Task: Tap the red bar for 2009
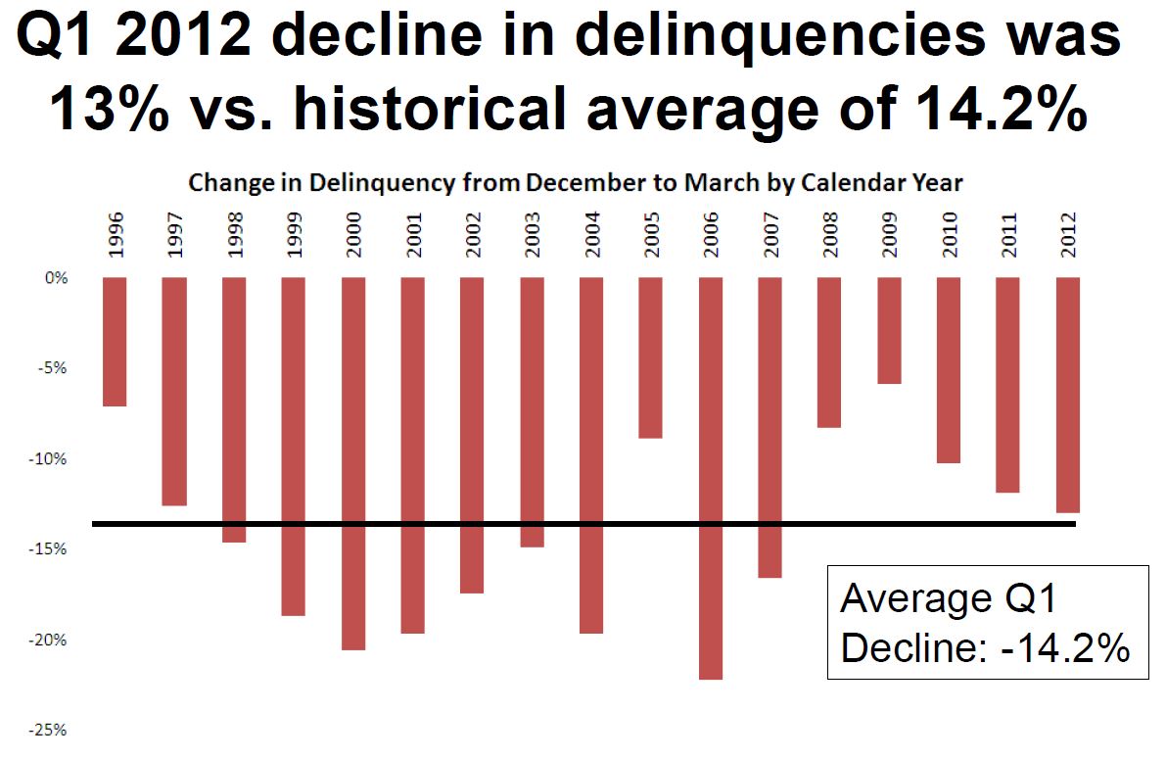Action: click(889, 330)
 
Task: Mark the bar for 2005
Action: click(651, 357)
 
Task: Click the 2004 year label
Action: click(591, 235)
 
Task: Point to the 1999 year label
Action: click(294, 235)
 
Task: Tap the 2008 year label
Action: click(830, 235)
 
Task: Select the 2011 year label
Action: click(1009, 235)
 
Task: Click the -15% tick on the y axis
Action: click(53, 549)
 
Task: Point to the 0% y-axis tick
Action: click(58, 278)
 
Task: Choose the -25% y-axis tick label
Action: click(53, 731)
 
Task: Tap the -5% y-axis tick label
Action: click(56, 369)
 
